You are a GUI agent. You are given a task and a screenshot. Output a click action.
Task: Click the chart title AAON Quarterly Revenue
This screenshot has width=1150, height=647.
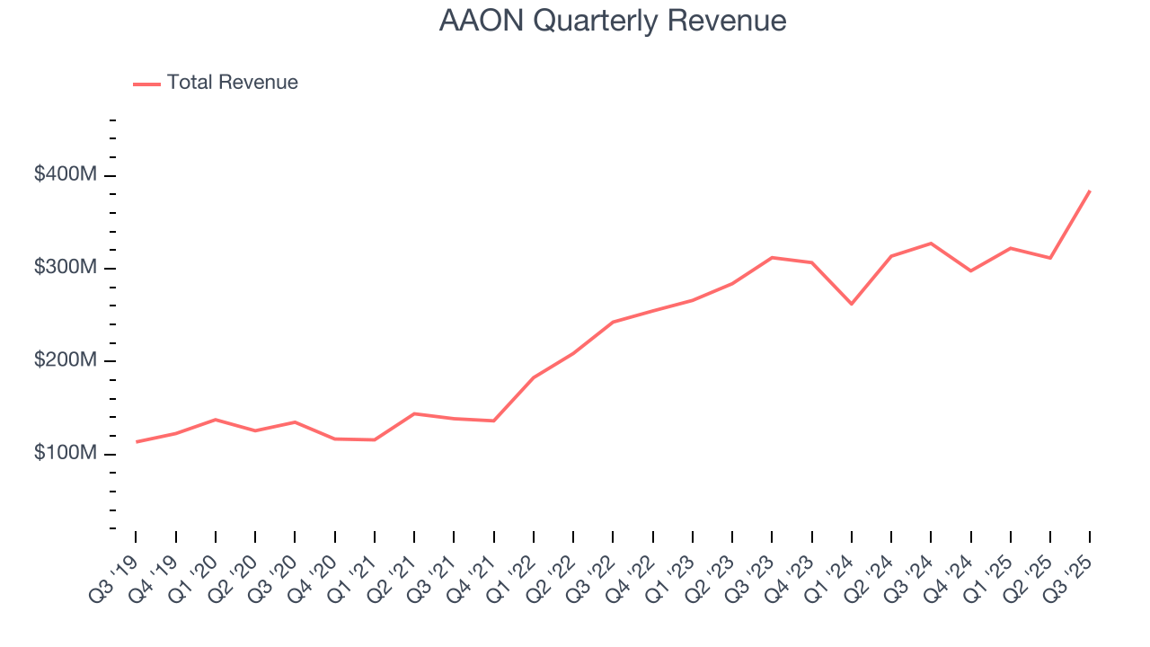(613, 21)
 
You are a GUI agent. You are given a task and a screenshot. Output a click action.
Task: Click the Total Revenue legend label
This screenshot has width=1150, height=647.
(232, 83)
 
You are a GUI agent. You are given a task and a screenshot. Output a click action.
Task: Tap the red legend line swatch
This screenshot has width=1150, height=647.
(146, 84)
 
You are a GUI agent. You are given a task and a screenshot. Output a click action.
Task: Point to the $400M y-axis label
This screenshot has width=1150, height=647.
(65, 175)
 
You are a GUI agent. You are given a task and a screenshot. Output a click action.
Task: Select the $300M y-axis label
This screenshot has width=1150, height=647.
(65, 268)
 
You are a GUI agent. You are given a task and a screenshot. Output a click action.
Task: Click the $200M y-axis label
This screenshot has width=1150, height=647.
(65, 360)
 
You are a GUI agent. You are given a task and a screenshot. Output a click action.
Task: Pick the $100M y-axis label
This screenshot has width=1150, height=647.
(65, 453)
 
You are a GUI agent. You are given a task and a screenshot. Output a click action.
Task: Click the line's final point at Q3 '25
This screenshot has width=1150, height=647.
(1090, 191)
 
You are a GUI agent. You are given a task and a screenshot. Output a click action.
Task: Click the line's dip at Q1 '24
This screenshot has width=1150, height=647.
(851, 304)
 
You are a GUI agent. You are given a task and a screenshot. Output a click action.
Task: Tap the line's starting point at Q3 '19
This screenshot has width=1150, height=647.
(136, 442)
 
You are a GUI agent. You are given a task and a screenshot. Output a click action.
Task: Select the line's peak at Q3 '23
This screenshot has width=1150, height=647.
(772, 258)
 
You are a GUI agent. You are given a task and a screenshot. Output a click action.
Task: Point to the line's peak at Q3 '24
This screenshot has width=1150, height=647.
(931, 244)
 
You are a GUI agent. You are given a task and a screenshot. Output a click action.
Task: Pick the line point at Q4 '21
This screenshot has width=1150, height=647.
(493, 421)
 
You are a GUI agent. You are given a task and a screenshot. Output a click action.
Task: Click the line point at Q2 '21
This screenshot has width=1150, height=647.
(414, 413)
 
